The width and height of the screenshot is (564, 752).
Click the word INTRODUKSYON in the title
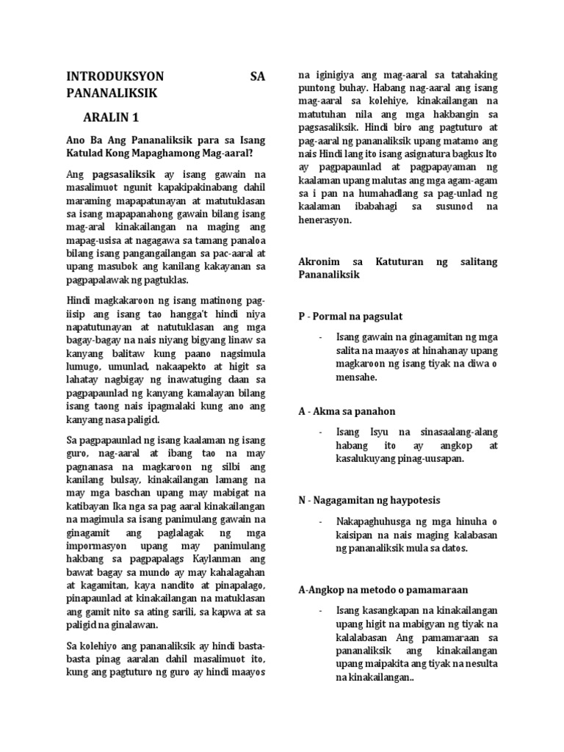click(116, 76)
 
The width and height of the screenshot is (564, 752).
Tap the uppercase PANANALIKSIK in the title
click(112, 93)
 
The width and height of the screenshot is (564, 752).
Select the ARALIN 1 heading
click(110, 117)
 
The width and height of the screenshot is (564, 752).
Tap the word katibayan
click(92, 507)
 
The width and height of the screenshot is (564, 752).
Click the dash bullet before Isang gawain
click(321, 337)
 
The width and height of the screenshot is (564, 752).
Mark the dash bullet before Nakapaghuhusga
click(321, 521)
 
